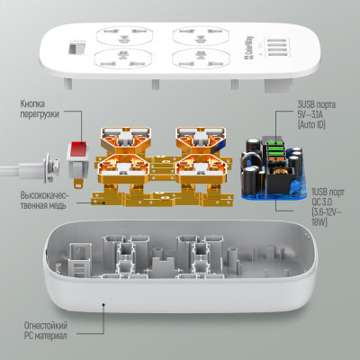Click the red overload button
78,148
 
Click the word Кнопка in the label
32,103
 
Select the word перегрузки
40,114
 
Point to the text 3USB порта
317,104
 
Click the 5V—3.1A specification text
312,114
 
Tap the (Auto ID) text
311,124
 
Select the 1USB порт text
328,193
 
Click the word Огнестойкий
46,326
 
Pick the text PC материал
45,336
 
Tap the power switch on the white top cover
76,49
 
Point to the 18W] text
319,222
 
